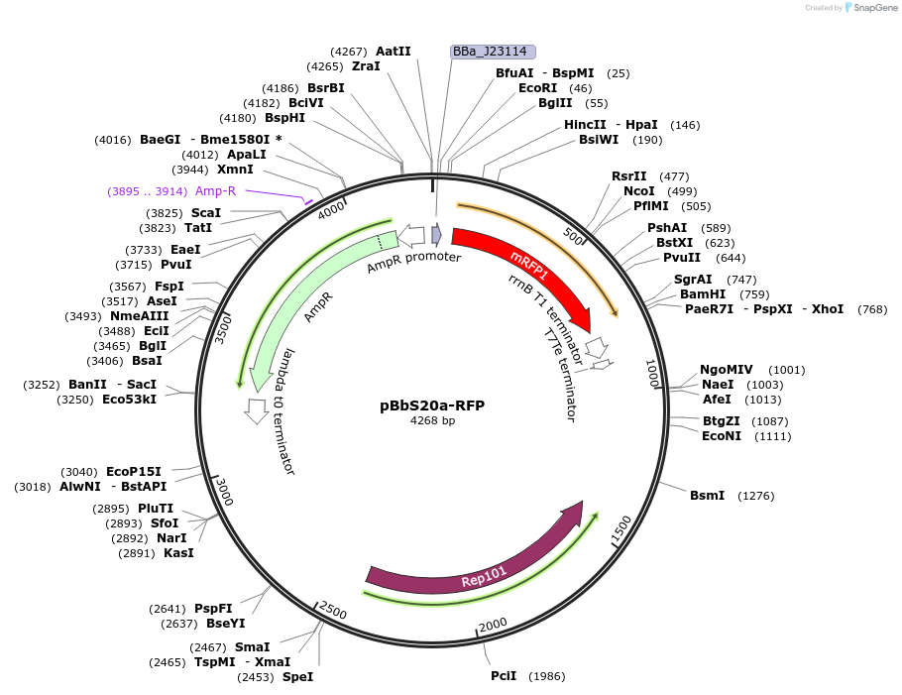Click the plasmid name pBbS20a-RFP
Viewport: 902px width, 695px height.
click(432, 405)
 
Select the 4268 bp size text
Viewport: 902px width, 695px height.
click(432, 421)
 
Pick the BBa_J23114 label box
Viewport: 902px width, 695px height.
click(493, 52)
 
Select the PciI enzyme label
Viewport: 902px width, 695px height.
click(504, 676)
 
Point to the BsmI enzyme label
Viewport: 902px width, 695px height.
click(707, 495)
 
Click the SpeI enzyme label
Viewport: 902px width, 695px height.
click(297, 677)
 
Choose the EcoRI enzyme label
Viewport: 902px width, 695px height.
click(536, 88)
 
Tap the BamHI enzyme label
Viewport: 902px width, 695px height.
click(703, 294)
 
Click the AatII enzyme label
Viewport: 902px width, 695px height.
click(393, 51)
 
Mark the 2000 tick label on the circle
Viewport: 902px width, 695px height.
click(493, 624)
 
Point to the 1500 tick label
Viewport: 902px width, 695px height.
click(620, 531)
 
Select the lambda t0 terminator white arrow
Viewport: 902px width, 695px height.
click(257, 409)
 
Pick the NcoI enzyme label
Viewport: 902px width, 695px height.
click(638, 191)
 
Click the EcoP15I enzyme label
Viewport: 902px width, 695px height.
click(134, 472)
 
